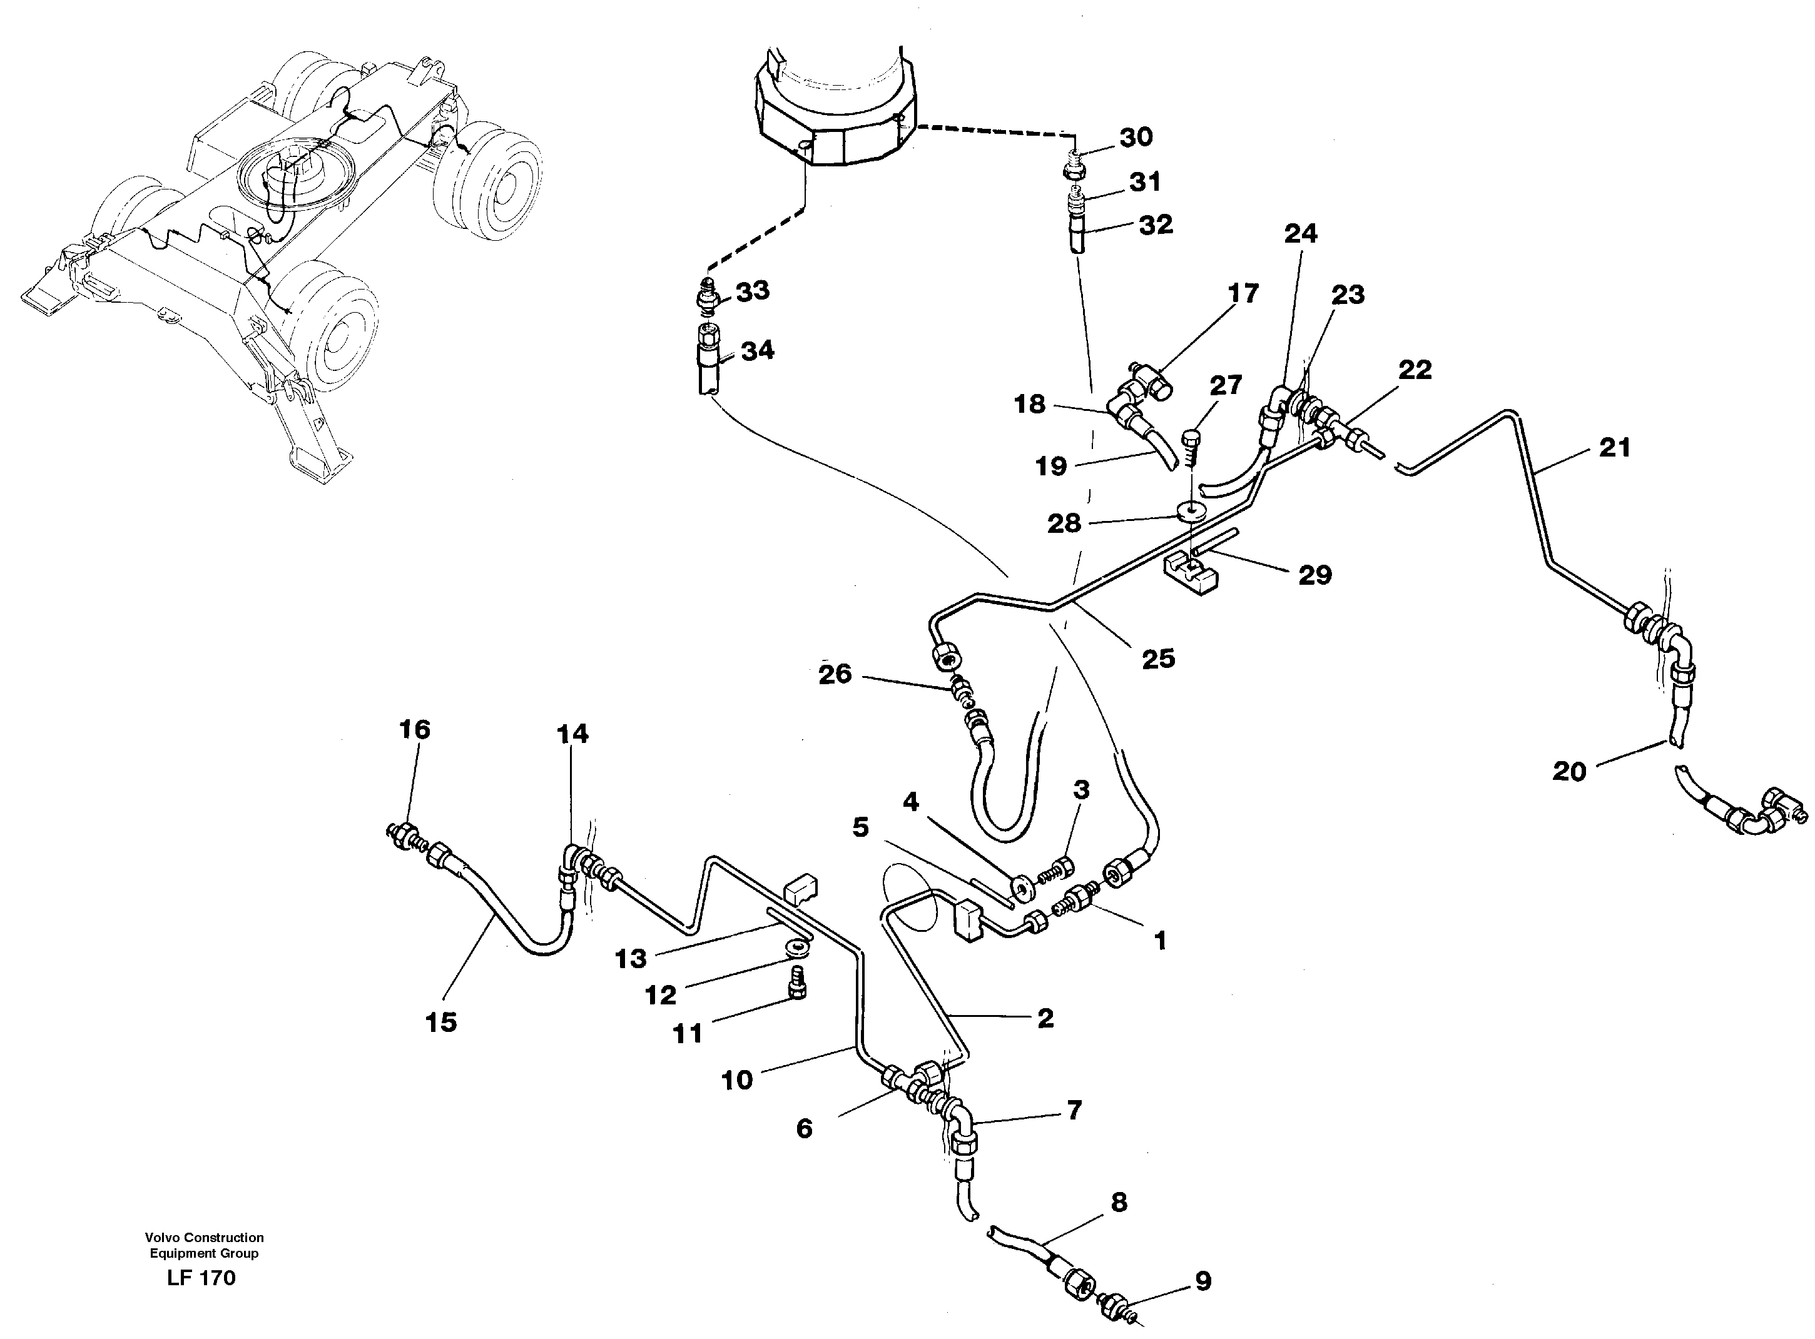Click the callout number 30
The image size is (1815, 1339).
tap(1136, 138)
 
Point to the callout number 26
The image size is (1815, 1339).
tap(835, 674)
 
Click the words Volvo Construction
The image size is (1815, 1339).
tap(205, 1238)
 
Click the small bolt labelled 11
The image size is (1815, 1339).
tap(797, 989)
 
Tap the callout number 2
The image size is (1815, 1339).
tap(1045, 1018)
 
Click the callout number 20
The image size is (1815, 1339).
tap(1568, 771)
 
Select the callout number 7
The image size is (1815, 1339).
tap(1073, 1111)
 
